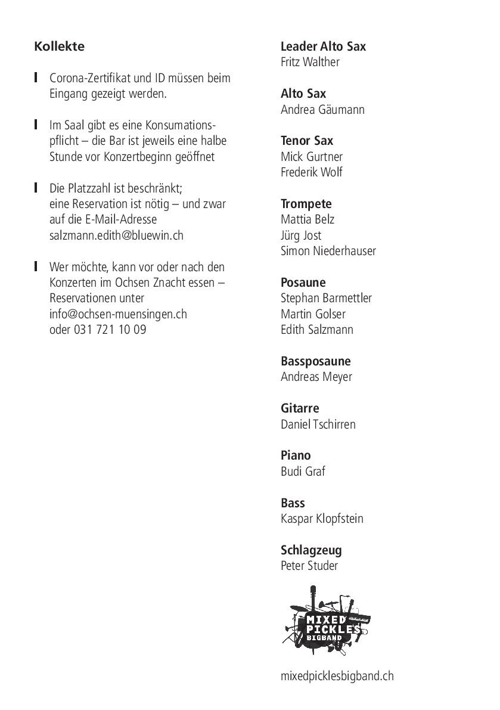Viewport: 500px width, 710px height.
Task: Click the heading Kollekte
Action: [x=60, y=46]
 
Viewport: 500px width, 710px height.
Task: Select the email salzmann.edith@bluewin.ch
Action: [x=116, y=235]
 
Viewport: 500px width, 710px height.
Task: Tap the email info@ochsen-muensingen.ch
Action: [x=118, y=314]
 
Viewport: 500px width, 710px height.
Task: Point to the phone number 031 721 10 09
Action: [x=110, y=330]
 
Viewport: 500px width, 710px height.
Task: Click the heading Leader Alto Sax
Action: [x=323, y=46]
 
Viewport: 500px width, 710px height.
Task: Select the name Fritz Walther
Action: [x=310, y=63]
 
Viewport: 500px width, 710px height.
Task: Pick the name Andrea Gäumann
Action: [x=322, y=110]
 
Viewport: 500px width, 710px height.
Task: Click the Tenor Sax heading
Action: [x=307, y=141]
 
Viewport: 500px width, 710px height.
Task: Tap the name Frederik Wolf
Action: [x=311, y=173]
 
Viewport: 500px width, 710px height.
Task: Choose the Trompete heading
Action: [x=306, y=204]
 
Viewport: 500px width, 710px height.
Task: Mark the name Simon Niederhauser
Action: [x=328, y=251]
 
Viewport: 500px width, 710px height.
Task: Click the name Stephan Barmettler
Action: [x=326, y=298]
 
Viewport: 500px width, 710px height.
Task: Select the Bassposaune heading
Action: [x=315, y=361]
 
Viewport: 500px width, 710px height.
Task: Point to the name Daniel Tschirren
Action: [x=318, y=424]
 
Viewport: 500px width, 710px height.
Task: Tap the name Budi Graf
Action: [x=303, y=472]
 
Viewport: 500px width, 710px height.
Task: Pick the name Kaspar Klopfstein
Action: [x=322, y=519]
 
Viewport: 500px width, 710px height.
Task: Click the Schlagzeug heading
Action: [x=311, y=550]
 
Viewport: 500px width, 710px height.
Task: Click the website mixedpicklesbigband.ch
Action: [x=337, y=676]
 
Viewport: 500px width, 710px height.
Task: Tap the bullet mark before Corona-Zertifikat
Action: [x=36, y=77]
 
